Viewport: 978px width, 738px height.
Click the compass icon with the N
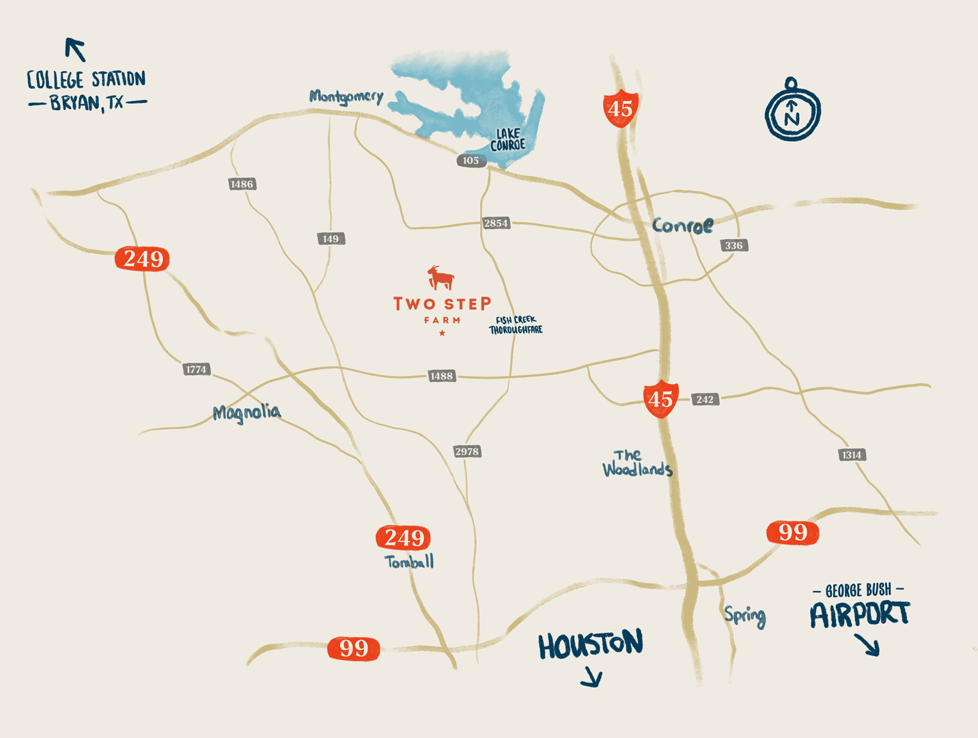tap(792, 111)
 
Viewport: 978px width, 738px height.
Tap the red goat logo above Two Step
tap(441, 277)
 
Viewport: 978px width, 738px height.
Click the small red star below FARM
tap(443, 333)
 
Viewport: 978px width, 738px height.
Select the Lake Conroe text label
tap(508, 139)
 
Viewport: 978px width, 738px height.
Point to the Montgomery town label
tap(346, 96)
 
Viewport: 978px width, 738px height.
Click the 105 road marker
tap(471, 161)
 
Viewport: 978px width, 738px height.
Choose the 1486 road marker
tap(242, 184)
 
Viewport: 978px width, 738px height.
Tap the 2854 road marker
tap(496, 223)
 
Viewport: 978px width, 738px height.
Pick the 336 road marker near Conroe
tap(733, 245)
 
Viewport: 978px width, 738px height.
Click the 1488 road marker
tap(441, 376)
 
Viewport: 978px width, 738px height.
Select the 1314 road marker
tap(851, 454)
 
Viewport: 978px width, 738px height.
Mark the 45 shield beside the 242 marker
tap(660, 399)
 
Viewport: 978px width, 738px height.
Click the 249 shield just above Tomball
tap(404, 538)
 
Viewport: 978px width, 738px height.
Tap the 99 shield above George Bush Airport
tap(792, 532)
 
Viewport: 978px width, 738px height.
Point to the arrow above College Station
tap(75, 49)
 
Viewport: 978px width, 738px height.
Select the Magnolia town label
tap(247, 413)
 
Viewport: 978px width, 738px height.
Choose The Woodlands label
tap(637, 463)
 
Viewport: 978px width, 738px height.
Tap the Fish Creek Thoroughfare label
tap(516, 325)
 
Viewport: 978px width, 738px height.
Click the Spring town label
tap(745, 616)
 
